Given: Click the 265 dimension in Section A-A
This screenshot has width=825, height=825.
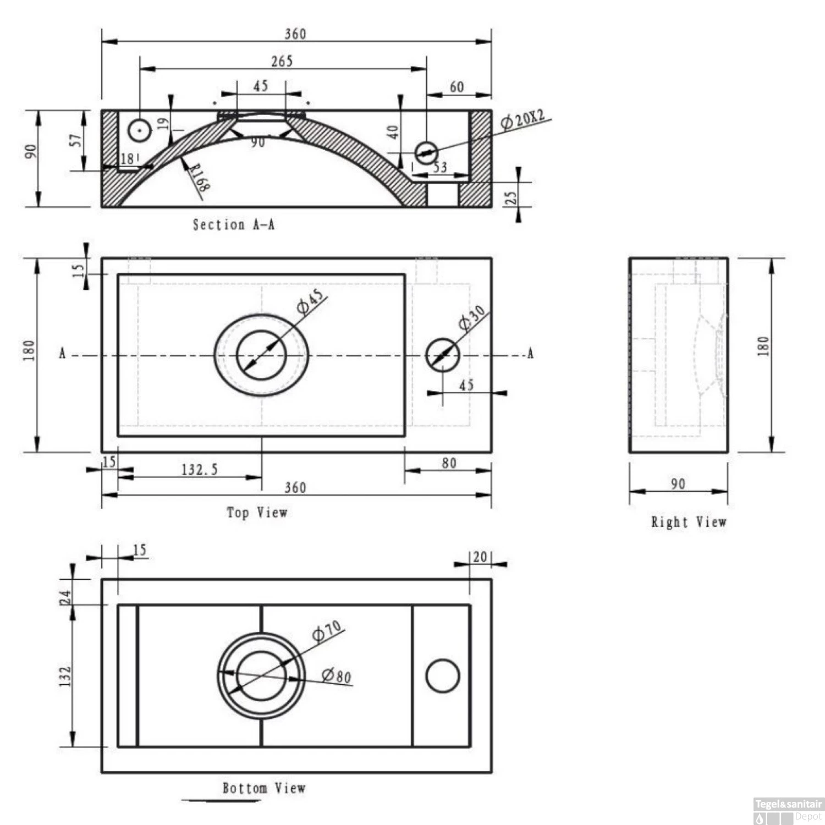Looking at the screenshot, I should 282,61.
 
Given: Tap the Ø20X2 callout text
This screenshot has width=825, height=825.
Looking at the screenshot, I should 522,119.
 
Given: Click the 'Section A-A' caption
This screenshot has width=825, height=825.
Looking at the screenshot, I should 234,224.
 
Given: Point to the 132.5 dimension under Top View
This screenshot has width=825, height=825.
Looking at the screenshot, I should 200,470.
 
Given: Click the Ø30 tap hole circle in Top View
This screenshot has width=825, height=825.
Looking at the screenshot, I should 443,355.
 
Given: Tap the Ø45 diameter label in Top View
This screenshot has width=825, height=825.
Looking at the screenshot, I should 311,301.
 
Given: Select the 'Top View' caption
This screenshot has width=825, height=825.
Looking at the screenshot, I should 257,513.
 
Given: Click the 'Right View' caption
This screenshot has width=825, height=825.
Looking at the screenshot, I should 689,522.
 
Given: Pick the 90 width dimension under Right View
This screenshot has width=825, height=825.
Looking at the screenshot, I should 678,484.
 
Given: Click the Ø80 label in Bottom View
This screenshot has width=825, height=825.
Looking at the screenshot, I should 337,675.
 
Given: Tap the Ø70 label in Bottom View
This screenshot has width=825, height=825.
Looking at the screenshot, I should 327,631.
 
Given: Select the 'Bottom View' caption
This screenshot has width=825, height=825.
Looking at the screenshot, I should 263,788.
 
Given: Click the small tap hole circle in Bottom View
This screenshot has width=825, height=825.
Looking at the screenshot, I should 443,676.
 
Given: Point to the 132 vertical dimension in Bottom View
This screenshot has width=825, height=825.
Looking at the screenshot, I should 65,676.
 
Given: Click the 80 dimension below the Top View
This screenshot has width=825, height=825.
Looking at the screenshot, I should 449,463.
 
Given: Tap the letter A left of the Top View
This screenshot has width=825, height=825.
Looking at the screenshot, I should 62,354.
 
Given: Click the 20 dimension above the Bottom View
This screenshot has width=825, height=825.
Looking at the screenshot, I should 480,557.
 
